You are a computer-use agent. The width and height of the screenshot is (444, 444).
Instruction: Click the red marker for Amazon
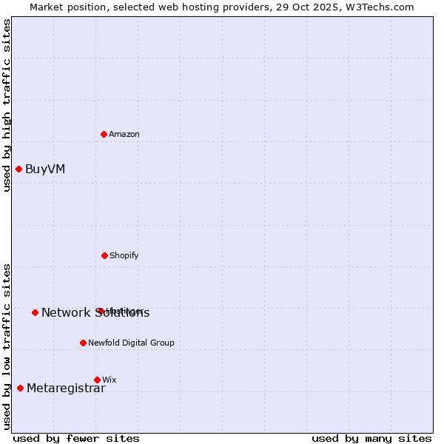tap(104, 134)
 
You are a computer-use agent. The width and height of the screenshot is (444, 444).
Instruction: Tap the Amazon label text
tap(124, 135)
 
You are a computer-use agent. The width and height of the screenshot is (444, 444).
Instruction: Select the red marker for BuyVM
tap(19, 169)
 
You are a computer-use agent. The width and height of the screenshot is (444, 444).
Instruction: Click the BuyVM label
tap(45, 169)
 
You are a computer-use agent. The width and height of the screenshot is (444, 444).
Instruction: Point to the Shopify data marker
tap(104, 255)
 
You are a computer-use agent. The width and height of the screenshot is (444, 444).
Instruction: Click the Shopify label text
tap(124, 256)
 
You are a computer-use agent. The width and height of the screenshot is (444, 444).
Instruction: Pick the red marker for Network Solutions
tap(35, 312)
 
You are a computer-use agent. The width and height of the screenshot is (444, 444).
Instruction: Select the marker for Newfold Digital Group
tap(83, 343)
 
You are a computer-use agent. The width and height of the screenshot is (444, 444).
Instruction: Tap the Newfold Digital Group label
tap(131, 343)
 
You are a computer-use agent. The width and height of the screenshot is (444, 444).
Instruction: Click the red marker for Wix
tap(97, 380)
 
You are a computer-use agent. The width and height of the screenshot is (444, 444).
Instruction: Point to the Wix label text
tap(110, 380)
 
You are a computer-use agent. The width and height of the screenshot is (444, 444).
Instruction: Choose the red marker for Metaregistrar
tap(20, 388)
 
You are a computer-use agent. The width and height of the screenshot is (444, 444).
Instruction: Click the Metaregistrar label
tap(66, 389)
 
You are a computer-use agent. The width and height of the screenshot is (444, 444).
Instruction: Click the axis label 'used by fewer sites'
tap(76, 438)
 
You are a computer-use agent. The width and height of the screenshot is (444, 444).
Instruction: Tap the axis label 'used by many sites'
tap(371, 438)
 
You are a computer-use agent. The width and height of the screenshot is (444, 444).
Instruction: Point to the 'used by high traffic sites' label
tap(7, 105)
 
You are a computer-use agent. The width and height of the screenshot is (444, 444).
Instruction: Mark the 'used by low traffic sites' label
tap(7, 346)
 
